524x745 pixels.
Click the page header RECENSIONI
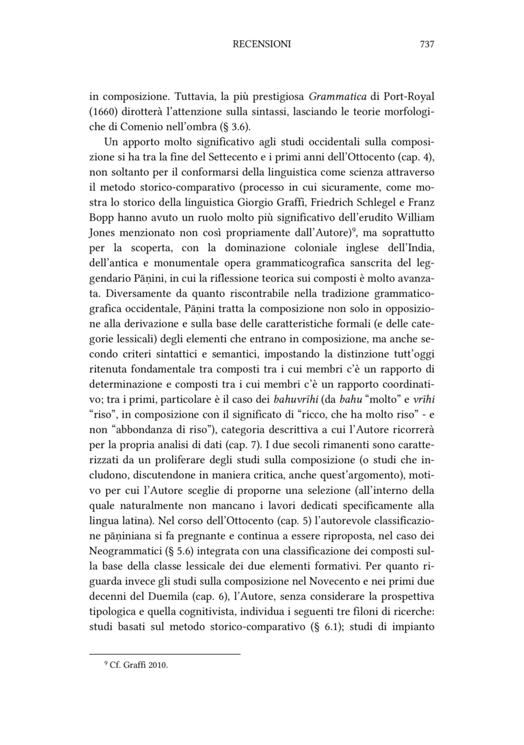tap(262, 44)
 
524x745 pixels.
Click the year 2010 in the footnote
tap(159, 665)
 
